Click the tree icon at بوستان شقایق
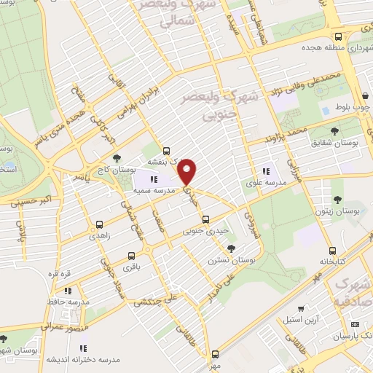(334, 131)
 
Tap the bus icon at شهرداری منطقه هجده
(337, 37)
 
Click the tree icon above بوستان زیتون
(337, 197)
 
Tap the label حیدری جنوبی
(203, 232)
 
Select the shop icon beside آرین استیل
(302, 309)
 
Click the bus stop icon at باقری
(131, 256)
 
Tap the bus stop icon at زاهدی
(100, 225)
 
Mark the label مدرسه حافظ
(72, 301)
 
